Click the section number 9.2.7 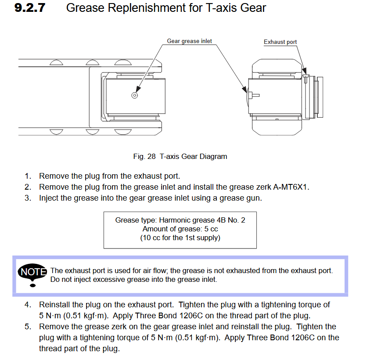point(30,8)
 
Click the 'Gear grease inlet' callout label point(189,41)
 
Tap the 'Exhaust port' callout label point(280,42)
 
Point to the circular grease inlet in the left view point(135,95)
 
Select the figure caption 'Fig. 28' point(142,156)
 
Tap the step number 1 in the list point(28,176)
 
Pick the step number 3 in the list point(28,198)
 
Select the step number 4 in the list point(28,305)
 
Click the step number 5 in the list point(28,327)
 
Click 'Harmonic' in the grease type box point(174,220)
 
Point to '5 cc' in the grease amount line point(210,229)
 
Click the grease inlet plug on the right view point(254,95)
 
